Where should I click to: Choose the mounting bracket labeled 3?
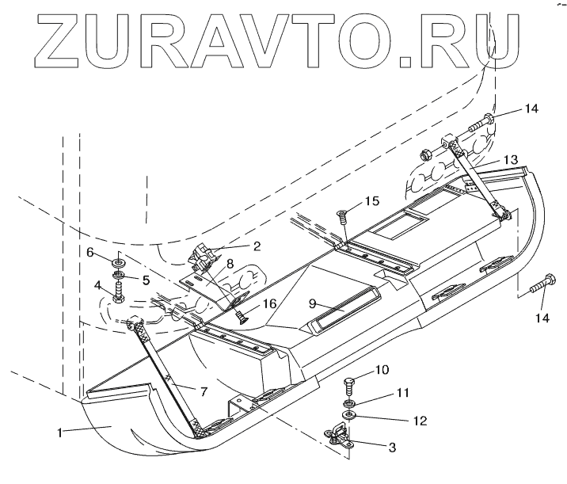(x=340, y=436)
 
